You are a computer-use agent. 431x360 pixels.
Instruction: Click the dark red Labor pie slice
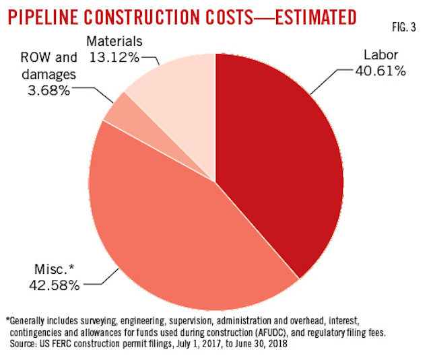(x=283, y=161)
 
